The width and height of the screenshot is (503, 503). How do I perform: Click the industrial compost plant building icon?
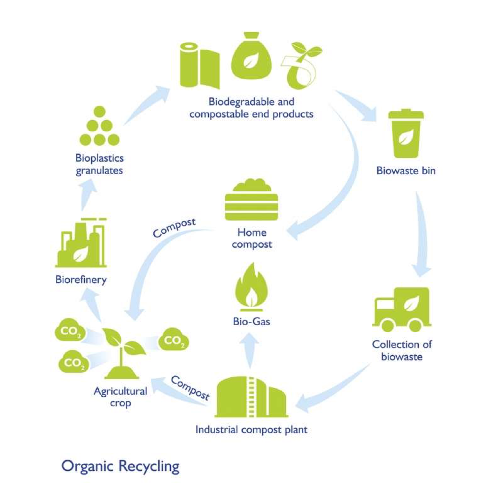(x=251, y=396)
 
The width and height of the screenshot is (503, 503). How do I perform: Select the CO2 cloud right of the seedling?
(x=174, y=341)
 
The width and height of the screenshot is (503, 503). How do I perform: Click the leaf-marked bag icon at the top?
(x=251, y=60)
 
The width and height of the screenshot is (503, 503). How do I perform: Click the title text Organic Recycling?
(x=120, y=466)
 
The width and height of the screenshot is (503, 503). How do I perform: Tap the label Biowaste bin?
(x=406, y=171)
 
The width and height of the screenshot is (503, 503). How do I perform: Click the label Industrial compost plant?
(x=251, y=429)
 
